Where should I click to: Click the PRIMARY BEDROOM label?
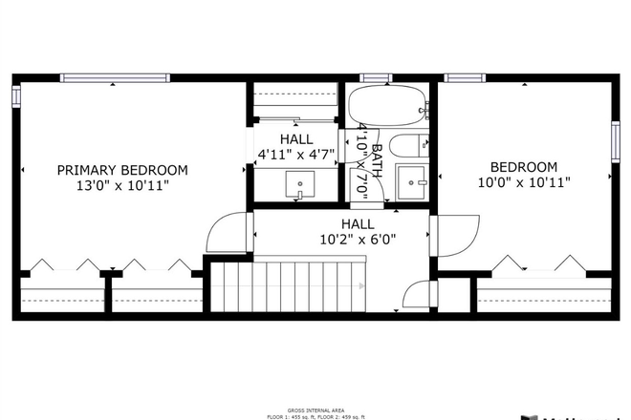pos(121,170)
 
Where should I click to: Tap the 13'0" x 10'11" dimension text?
pos(121,186)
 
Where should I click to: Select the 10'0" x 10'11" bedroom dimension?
pos(524,181)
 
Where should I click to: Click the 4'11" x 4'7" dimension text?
pos(296,154)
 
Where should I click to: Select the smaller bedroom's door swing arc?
pos(457,235)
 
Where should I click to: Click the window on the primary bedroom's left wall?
pos(16,96)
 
